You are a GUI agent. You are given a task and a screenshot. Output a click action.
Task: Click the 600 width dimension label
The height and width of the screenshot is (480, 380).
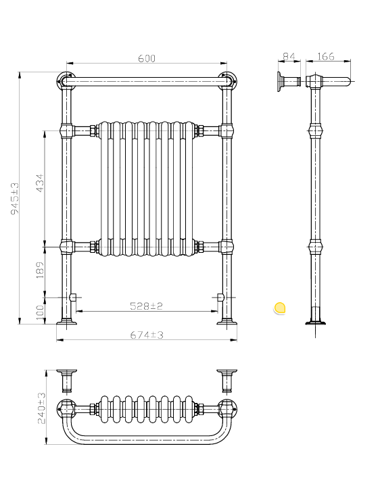coord(147,59)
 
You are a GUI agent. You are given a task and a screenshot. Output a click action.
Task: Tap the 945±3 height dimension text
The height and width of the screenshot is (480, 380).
coord(13,197)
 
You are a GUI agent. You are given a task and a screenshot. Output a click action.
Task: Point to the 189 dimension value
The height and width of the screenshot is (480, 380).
coord(39,270)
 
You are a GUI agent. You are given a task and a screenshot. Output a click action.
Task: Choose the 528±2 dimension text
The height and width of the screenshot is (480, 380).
coord(147,306)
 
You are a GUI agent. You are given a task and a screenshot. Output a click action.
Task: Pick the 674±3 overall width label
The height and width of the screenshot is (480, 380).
coord(147,335)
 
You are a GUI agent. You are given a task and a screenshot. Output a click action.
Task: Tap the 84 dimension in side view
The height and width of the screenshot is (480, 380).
coord(289,57)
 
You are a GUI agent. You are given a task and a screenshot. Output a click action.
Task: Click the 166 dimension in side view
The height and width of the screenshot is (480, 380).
coord(325,57)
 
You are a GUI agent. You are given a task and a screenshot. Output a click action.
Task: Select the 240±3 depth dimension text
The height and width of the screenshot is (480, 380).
coord(41,408)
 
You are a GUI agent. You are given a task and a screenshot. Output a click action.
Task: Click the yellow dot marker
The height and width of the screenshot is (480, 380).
coord(280,308)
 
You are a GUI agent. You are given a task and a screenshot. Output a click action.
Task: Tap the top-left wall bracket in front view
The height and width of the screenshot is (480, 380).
coord(65,80)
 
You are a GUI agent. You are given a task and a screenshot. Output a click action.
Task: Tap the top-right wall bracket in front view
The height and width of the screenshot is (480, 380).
coord(228,80)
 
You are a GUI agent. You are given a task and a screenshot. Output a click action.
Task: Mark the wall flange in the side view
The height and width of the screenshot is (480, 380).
coord(279,82)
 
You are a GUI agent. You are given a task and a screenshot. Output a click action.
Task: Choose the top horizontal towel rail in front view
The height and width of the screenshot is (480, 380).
coord(147,82)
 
